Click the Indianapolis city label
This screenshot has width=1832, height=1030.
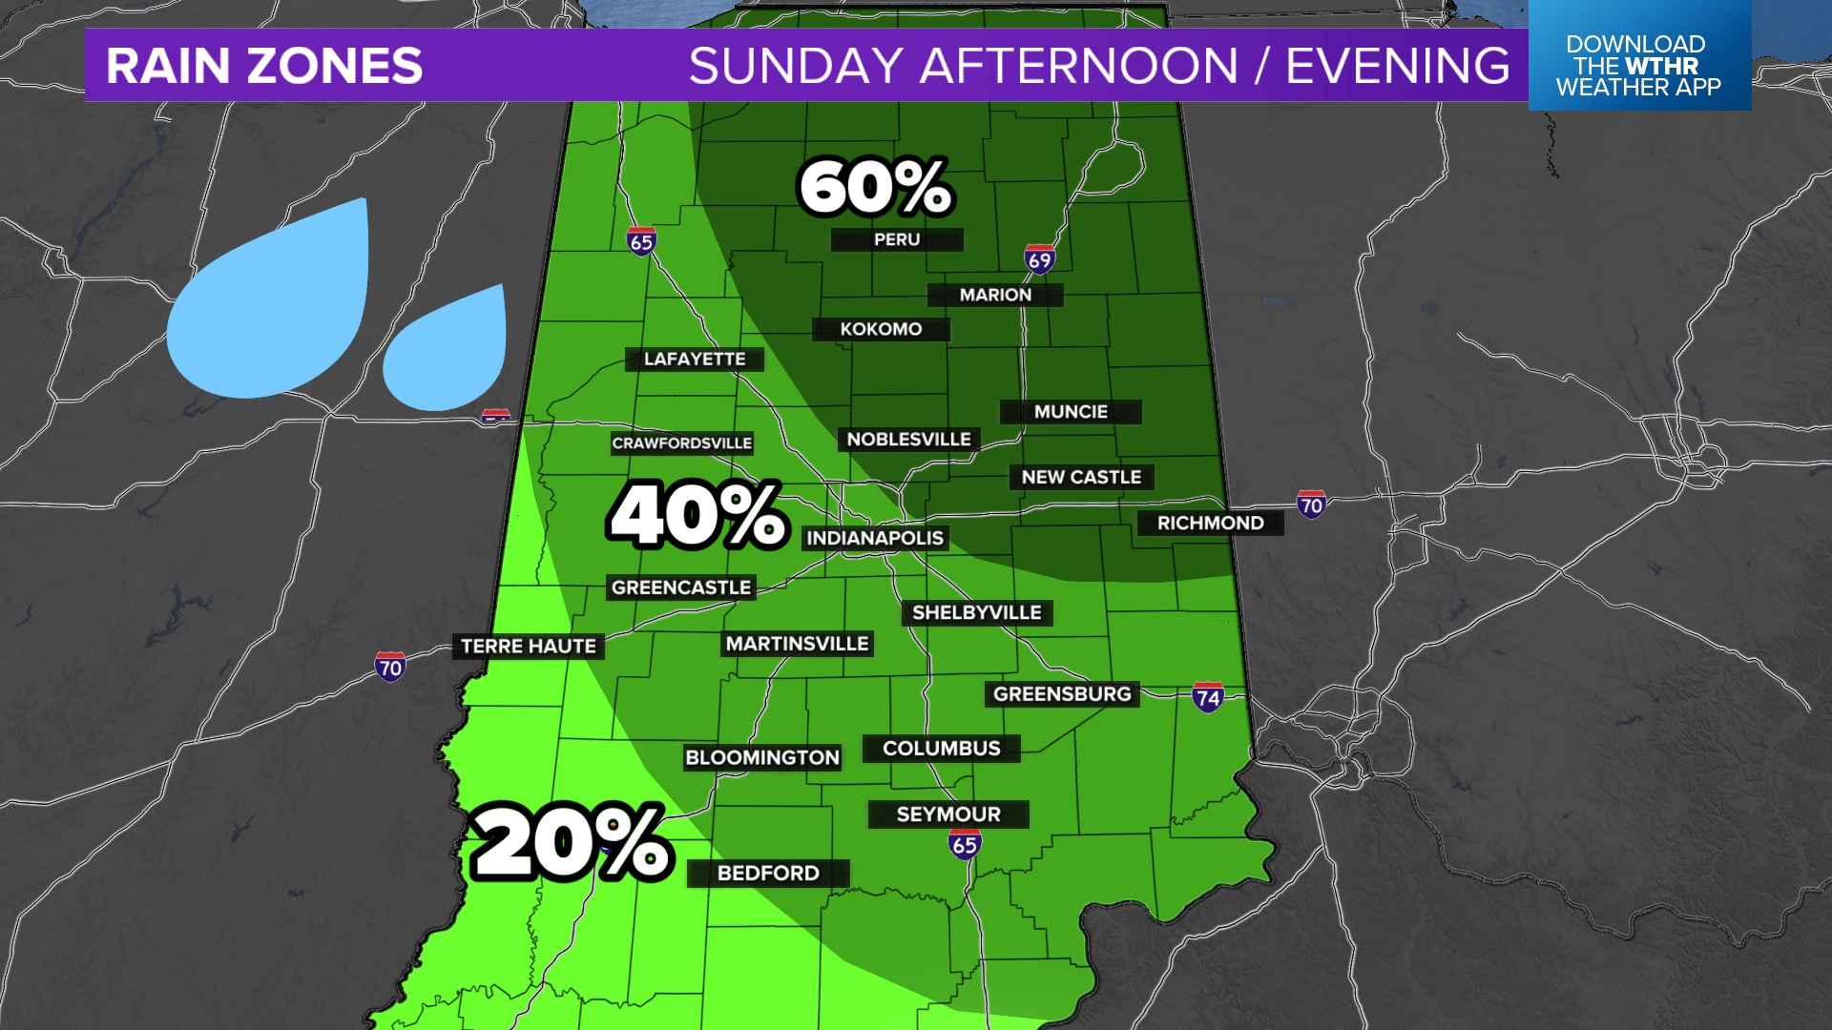[875, 538]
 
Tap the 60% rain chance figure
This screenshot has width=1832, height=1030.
[875, 187]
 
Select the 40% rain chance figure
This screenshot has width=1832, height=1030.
[697, 516]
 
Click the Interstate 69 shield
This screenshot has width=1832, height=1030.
[1039, 258]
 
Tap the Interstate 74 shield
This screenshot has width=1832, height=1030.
[1208, 697]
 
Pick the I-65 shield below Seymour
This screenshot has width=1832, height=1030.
[965, 844]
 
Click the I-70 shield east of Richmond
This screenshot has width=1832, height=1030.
[1311, 505]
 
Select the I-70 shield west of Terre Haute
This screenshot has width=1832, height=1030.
[389, 667]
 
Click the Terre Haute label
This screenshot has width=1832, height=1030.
[529, 647]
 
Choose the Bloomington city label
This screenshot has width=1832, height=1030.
[762, 758]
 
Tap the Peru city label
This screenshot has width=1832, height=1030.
[897, 239]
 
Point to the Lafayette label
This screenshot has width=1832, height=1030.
[695, 360]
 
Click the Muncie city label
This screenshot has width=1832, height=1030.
[1071, 412]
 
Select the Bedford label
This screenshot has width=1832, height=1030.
[768, 874]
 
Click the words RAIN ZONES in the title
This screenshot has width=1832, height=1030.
[264, 66]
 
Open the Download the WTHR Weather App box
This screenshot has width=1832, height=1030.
[1638, 65]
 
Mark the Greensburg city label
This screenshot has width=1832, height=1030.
[1062, 694]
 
